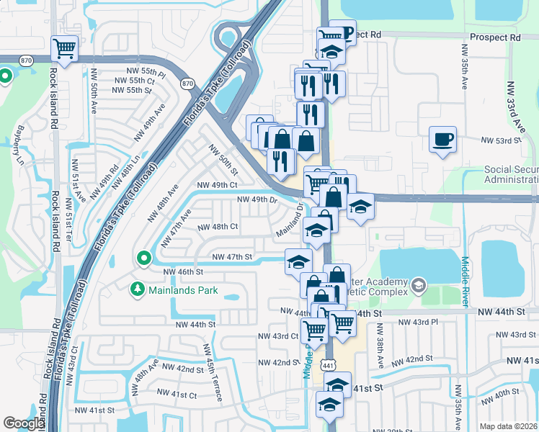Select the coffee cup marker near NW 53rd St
pyautogui.click(x=442, y=138)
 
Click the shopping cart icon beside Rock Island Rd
pyautogui.click(x=65, y=49)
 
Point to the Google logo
pyautogui.click(x=24, y=423)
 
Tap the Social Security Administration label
pyautogui.click(x=511, y=175)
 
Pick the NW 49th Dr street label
pyautogui.click(x=256, y=199)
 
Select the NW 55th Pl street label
pyautogui.click(x=146, y=73)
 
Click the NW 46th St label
pyautogui.click(x=184, y=272)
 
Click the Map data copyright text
pyautogui.click(x=508, y=426)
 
